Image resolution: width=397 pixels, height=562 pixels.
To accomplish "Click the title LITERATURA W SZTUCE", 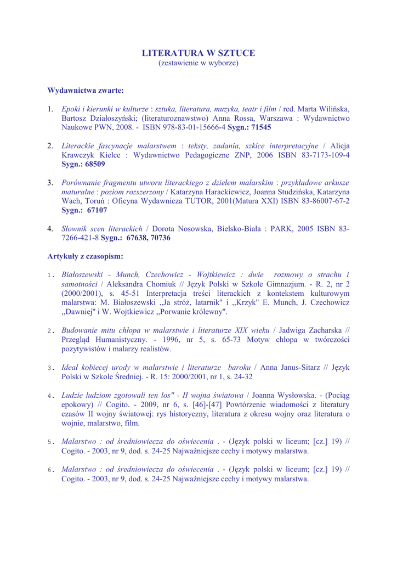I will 198,53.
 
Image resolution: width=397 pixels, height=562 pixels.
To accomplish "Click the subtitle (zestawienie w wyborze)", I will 198,64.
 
